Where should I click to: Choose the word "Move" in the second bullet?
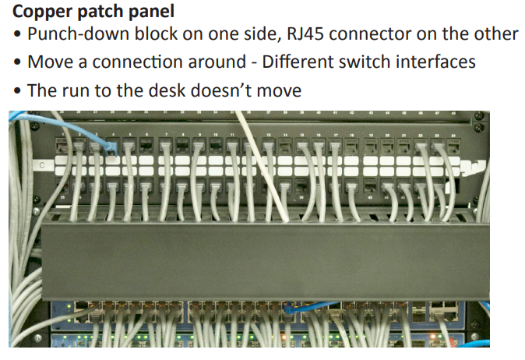[x=48, y=62]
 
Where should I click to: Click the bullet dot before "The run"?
[x=16, y=90]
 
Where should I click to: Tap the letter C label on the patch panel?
[x=41, y=166]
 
